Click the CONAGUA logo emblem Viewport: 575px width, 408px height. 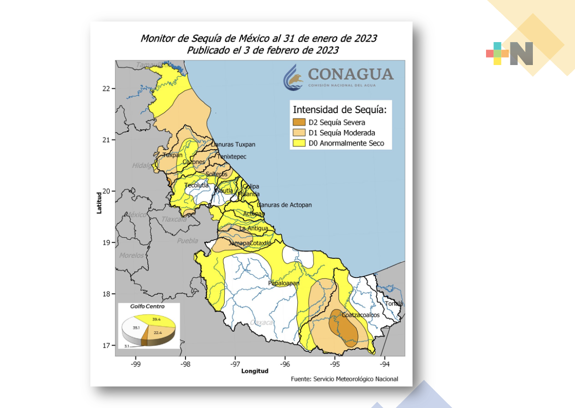click(294, 77)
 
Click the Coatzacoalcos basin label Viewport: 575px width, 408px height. click(361, 315)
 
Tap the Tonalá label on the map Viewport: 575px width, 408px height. click(393, 303)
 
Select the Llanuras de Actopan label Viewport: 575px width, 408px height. click(284, 205)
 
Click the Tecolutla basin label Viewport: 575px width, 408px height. click(196, 185)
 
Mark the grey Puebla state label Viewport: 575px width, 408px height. click(187, 241)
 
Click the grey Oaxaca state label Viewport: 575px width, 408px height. click(261, 322)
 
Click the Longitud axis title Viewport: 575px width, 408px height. click(255, 371)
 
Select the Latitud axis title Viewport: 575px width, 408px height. click(99, 203)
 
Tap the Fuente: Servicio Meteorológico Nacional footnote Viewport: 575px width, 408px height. click(344, 379)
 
